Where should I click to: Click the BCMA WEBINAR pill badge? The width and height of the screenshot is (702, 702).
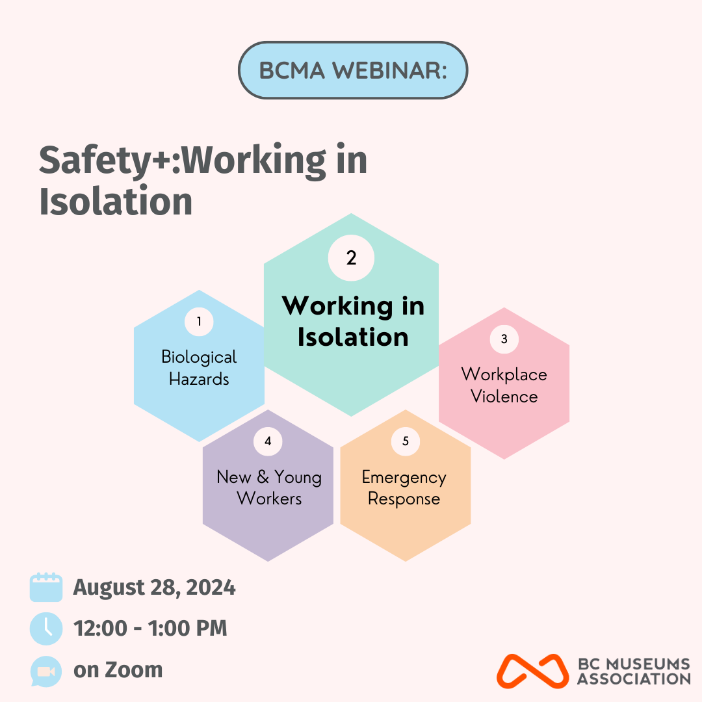coord(353,70)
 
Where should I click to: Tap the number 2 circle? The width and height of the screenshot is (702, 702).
coord(351,258)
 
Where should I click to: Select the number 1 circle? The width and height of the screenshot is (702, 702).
coord(199,322)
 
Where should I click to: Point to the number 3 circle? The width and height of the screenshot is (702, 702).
coord(504,339)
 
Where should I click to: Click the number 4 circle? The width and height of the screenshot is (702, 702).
coord(268,441)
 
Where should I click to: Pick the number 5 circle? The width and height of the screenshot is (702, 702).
coord(406,441)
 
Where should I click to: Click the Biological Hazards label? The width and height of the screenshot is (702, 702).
coord(199,368)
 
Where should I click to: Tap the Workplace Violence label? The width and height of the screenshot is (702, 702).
coord(504,385)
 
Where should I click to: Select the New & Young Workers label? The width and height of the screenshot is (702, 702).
coord(269,487)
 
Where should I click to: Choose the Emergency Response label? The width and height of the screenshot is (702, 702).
coord(404,488)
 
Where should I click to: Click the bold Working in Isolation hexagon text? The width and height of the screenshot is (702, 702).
coord(353,321)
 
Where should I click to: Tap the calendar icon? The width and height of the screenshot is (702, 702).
coord(46,587)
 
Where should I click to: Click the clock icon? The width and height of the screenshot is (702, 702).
coord(46,629)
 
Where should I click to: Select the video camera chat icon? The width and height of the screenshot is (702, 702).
coord(45,671)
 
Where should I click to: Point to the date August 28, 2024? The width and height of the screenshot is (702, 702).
coord(154,588)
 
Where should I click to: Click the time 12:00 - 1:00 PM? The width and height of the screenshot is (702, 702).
coord(150,628)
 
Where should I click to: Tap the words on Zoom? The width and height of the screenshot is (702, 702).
coord(118,669)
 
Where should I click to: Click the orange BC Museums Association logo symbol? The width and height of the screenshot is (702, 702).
coord(533,671)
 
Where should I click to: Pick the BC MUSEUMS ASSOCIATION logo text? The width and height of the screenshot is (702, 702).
coord(634,671)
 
